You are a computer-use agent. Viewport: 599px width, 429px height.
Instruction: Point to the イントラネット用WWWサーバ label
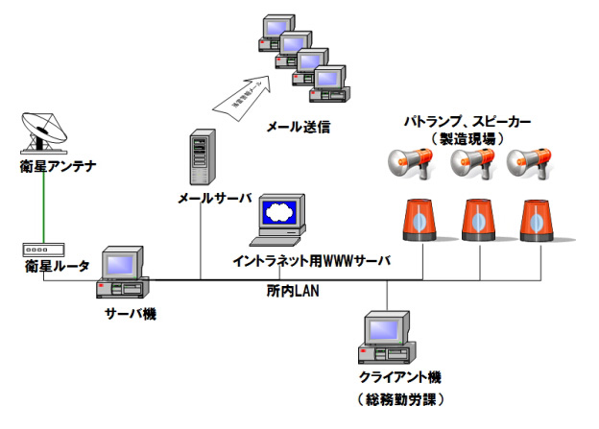[312, 260]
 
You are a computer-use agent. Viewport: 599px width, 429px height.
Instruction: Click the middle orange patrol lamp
[477, 220]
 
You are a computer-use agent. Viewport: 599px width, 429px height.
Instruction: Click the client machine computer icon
[389, 337]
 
